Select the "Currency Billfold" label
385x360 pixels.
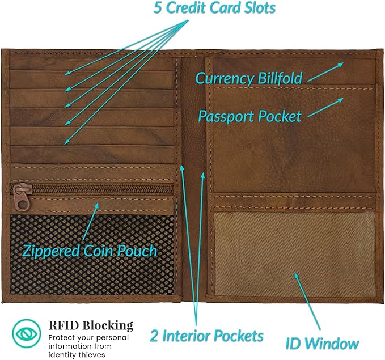(x=249, y=78)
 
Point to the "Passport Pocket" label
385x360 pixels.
(x=249, y=116)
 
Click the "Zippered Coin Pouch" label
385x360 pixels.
(x=89, y=250)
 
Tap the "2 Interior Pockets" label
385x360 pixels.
(x=206, y=335)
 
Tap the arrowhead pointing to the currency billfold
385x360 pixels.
(x=341, y=64)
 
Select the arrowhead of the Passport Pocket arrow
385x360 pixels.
(x=342, y=100)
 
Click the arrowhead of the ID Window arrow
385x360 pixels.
(x=295, y=276)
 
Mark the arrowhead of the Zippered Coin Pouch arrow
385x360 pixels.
(x=98, y=205)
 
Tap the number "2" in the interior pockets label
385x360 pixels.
(x=154, y=335)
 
